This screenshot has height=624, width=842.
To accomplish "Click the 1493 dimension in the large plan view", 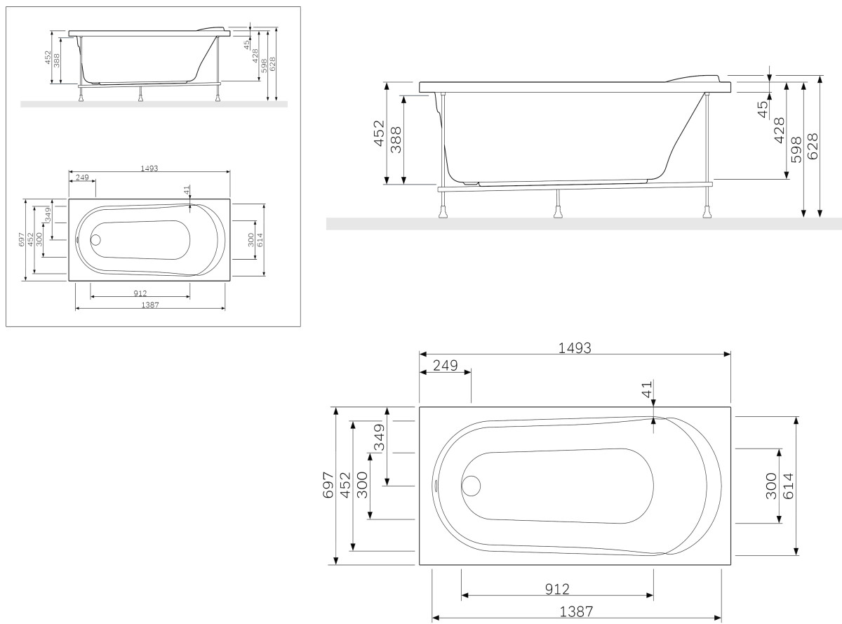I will coord(575,347).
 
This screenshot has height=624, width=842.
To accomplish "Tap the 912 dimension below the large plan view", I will coord(556,588).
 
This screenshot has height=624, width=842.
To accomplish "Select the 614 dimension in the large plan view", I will coord(787,485).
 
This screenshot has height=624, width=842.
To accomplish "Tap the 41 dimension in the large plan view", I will coord(647,388).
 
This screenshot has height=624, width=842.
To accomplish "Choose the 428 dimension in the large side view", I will coord(779,131).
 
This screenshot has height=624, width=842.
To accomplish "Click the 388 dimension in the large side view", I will coord(396,140).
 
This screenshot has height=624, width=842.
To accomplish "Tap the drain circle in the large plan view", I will coord(471,485).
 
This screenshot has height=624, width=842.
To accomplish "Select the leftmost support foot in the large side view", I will coord(443,208).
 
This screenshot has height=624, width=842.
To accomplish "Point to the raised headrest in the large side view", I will coord(694,77).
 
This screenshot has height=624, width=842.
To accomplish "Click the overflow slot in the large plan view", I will coord(436,485).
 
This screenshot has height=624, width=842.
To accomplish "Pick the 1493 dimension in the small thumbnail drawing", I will coord(149,168).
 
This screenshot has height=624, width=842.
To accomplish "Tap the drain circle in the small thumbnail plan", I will coord(95,239).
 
